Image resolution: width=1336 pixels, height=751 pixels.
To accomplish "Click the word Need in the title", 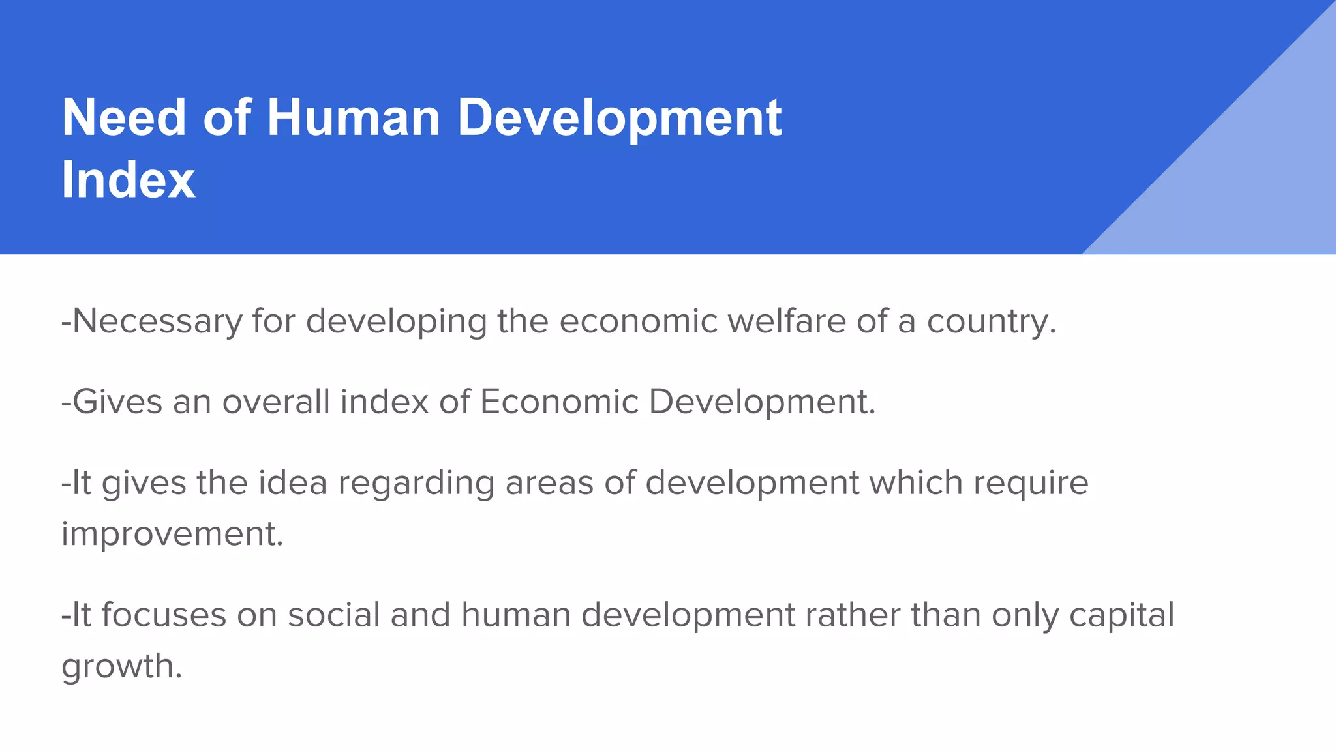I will pyautogui.click(x=124, y=118).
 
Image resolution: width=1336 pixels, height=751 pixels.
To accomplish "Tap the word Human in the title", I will pyautogui.click(x=353, y=118).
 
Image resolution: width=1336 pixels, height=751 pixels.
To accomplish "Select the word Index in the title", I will pyautogui.click(x=129, y=180).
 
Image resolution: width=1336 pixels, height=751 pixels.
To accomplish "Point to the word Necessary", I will pyautogui.click(x=157, y=321).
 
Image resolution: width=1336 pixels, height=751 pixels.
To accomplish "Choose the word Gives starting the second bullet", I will pyautogui.click(x=117, y=402).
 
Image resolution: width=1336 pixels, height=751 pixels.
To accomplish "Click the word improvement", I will pyautogui.click(x=172, y=535).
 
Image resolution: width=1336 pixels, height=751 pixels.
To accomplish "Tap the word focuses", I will pyautogui.click(x=163, y=615).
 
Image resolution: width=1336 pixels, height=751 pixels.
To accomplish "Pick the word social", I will pyautogui.click(x=333, y=615).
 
